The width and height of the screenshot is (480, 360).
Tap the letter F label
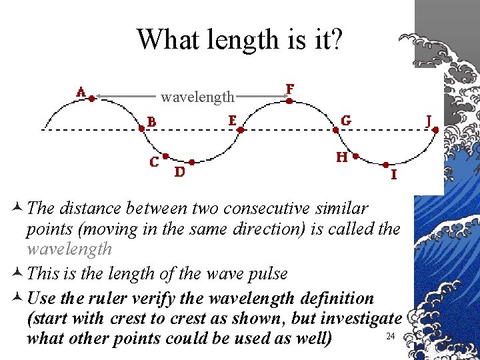pos(290,89)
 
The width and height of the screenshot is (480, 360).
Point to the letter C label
pos(154,162)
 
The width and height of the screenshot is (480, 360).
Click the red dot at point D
pos(192,161)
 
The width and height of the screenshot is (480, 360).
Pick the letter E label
pos(232,120)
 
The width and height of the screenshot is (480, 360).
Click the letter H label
pos(341,157)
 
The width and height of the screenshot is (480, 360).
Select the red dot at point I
pos(385,164)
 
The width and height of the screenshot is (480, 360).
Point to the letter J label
pos(429,121)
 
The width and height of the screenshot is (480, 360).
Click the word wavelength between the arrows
pos(197,97)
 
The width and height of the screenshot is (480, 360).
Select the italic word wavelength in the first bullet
pos(69,249)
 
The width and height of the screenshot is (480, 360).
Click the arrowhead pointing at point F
pos(285,97)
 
